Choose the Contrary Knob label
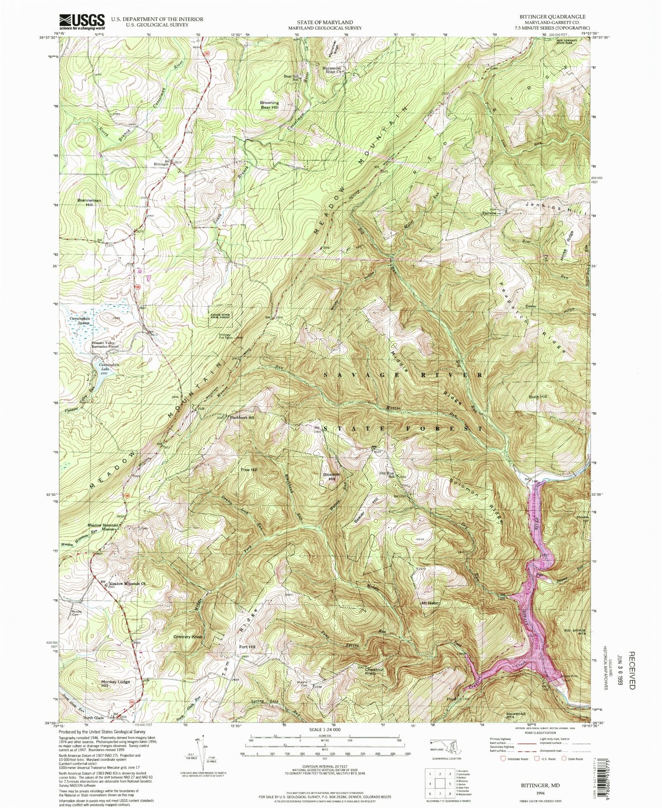[x=188, y=636]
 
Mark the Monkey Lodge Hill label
[x=115, y=684]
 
